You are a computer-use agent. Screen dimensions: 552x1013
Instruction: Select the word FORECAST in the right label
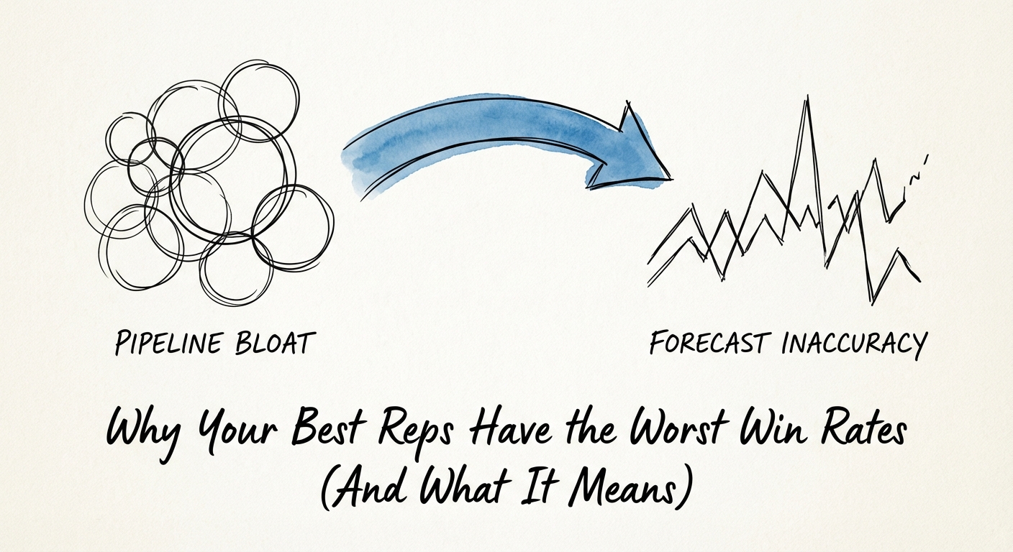coord(709,343)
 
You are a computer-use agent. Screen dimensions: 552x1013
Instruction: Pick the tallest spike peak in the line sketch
coord(808,101)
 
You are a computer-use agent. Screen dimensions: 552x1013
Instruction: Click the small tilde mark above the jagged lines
coord(915,175)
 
